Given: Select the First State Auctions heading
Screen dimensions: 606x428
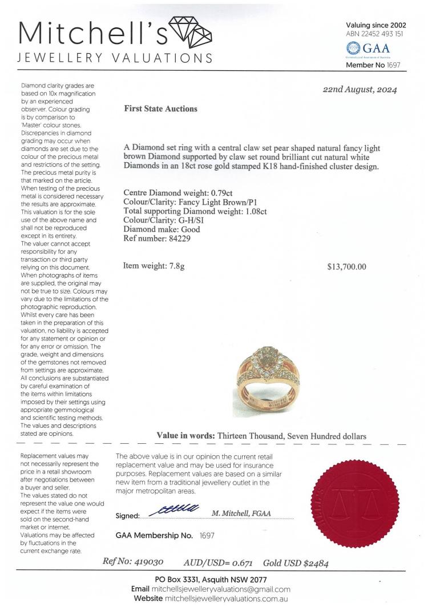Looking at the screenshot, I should tap(160, 109).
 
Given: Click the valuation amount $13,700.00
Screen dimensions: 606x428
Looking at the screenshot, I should tap(347, 266).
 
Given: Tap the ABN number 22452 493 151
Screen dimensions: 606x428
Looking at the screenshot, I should tap(380, 34).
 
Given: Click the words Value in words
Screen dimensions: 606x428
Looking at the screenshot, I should tap(185, 435).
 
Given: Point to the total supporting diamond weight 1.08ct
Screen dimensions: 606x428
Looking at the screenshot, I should tap(253, 211).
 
